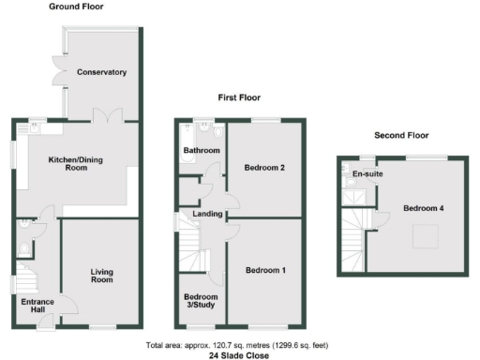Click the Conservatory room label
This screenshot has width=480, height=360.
[x=102, y=72]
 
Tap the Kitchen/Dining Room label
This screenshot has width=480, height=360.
[x=75, y=164]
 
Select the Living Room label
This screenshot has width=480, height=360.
[x=101, y=276]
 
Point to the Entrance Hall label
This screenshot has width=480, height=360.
[x=36, y=306]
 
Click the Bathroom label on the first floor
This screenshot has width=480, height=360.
[x=202, y=151]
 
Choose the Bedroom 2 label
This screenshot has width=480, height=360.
[x=264, y=169]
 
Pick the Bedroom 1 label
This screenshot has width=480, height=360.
[x=265, y=271]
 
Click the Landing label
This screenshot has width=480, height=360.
[x=207, y=215]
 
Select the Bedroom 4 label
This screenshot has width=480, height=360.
[x=424, y=208]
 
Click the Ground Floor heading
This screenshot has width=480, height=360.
[x=77, y=7]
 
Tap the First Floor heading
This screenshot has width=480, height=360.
[x=239, y=97]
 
